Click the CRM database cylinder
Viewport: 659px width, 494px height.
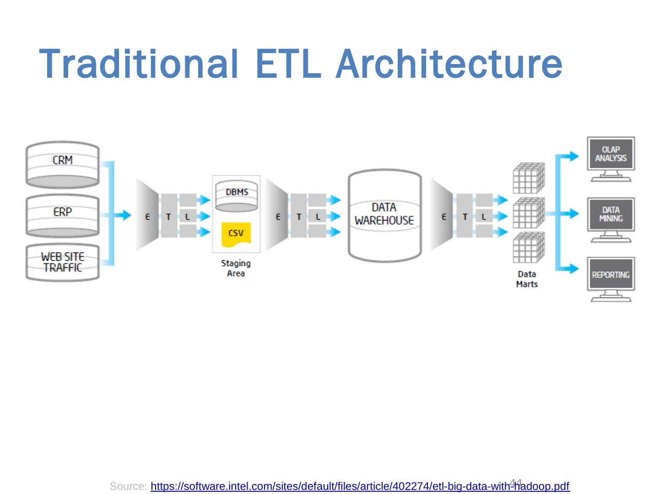62,165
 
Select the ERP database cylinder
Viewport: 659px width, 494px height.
62,216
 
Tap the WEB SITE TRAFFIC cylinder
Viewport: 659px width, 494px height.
62,263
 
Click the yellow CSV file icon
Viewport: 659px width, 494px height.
236,234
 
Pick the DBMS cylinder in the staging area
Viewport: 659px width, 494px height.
236,197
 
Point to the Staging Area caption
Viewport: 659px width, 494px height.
236,268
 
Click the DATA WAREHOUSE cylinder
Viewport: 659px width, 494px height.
384,215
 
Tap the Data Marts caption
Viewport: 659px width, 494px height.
527,279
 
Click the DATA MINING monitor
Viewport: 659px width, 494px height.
611,215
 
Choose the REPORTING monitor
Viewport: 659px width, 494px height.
611,275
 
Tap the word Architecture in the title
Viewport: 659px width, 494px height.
448,64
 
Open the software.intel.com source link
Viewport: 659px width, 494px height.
360,486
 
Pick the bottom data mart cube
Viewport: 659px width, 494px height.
529,247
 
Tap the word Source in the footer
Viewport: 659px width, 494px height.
128,486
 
